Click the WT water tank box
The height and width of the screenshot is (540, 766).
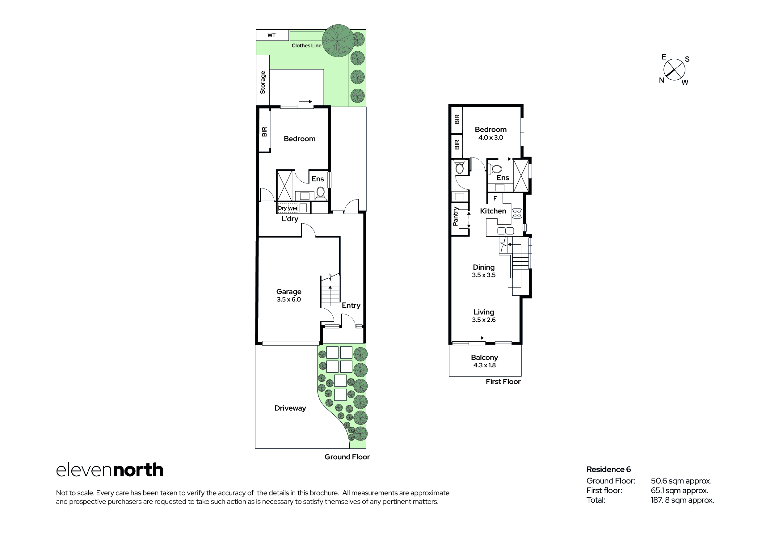272,35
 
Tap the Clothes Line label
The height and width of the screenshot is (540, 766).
307,46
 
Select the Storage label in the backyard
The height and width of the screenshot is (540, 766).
263,82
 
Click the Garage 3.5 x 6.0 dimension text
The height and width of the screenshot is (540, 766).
288,299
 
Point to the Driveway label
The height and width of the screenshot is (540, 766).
290,408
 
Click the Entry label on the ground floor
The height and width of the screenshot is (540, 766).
351,306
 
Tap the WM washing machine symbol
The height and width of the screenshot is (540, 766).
293,208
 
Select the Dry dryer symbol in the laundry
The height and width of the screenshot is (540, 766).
282,208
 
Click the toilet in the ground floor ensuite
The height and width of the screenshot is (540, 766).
321,194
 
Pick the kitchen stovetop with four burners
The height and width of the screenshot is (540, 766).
517,213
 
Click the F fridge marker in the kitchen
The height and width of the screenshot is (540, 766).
495,198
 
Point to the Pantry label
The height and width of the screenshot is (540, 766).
455,217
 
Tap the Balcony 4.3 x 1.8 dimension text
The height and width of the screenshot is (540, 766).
484,365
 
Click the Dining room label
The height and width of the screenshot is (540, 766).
484,267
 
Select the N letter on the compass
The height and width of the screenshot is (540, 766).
662,80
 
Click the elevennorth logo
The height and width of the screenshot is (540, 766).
110,470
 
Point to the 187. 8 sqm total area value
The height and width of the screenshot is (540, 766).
682,500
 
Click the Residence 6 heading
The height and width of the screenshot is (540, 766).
609,470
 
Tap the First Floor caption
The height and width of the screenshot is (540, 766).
503,382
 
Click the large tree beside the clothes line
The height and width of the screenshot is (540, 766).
338,41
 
